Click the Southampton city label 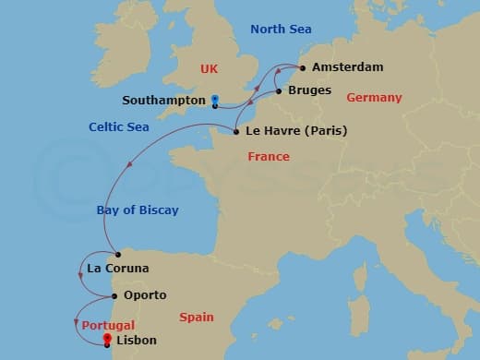tap(163, 100)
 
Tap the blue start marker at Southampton tap(214, 99)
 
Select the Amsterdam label tap(347, 67)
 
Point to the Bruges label tap(311, 91)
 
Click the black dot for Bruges tap(278, 91)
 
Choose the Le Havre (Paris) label tap(296, 131)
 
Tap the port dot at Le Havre tap(236, 131)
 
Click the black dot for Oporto tap(114, 296)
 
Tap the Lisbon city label tap(137, 341)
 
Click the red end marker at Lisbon tap(108, 339)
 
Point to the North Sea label tap(282, 30)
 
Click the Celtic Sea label tap(120, 126)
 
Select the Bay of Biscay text tap(138, 210)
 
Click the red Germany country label tap(374, 98)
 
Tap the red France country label tap(269, 157)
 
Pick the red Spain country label tap(197, 318)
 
